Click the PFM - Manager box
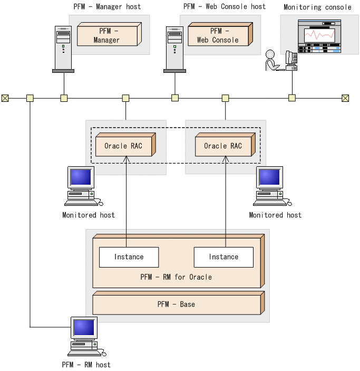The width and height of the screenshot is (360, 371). (109, 34)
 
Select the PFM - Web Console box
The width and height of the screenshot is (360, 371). (220, 34)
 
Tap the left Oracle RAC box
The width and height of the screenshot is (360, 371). (125, 145)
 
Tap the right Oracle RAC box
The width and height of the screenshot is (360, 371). (225, 145)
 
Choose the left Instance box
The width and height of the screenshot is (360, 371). (129, 257)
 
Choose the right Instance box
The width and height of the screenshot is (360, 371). (223, 257)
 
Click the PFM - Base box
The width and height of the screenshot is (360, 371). (179, 303)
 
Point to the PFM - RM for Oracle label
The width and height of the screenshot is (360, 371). (176, 277)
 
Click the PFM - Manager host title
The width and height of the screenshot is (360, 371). (107, 7)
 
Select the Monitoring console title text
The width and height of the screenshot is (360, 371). (317, 7)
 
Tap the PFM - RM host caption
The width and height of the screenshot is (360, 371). (86, 365)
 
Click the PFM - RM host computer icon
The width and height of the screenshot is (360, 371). (86, 337)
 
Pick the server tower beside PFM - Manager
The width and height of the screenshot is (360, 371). (63, 49)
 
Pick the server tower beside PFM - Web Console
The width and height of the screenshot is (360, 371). (174, 49)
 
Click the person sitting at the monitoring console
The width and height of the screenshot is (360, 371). (273, 60)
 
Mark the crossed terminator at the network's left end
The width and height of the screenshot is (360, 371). (5, 98)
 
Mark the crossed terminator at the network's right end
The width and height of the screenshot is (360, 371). (345, 98)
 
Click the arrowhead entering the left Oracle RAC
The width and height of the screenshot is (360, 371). (126, 159)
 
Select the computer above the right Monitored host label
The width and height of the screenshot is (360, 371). (273, 186)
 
